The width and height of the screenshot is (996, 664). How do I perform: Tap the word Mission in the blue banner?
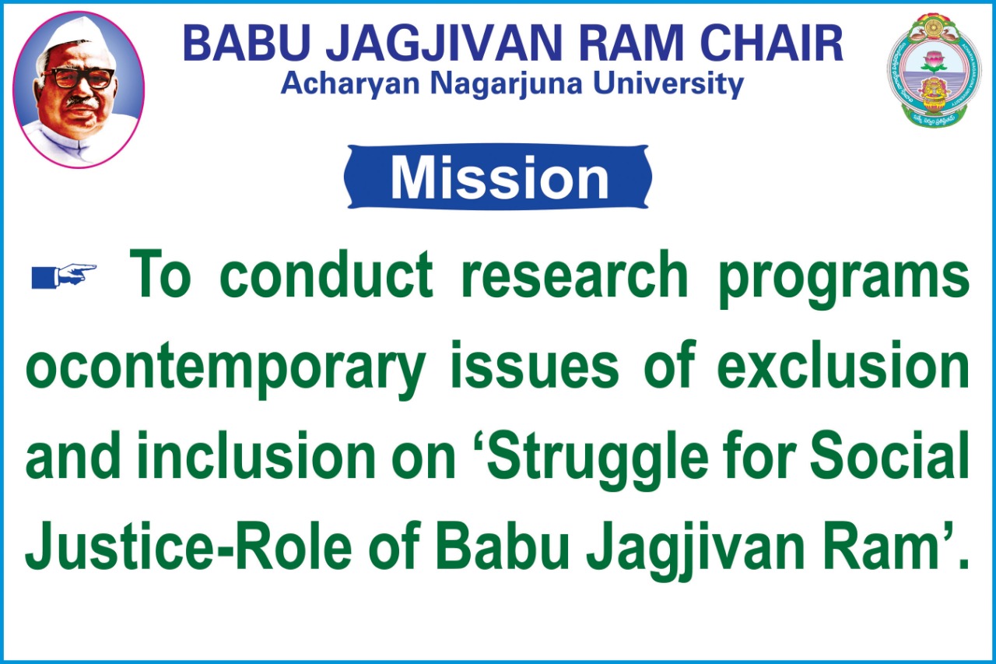point(500,177)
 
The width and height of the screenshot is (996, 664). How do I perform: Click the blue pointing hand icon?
point(64,276)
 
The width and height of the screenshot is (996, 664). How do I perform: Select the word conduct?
point(326,274)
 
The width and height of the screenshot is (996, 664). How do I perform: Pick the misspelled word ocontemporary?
point(226,369)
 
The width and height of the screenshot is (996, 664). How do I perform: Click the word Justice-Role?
point(188,545)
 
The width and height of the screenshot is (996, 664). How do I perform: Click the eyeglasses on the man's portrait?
point(79,79)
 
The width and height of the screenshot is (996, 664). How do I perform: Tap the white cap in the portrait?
point(75,37)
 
